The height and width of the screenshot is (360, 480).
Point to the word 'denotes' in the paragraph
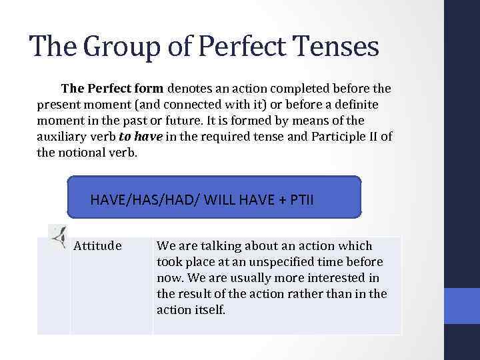click(x=193, y=88)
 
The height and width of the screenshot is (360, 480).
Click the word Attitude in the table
click(x=97, y=246)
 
